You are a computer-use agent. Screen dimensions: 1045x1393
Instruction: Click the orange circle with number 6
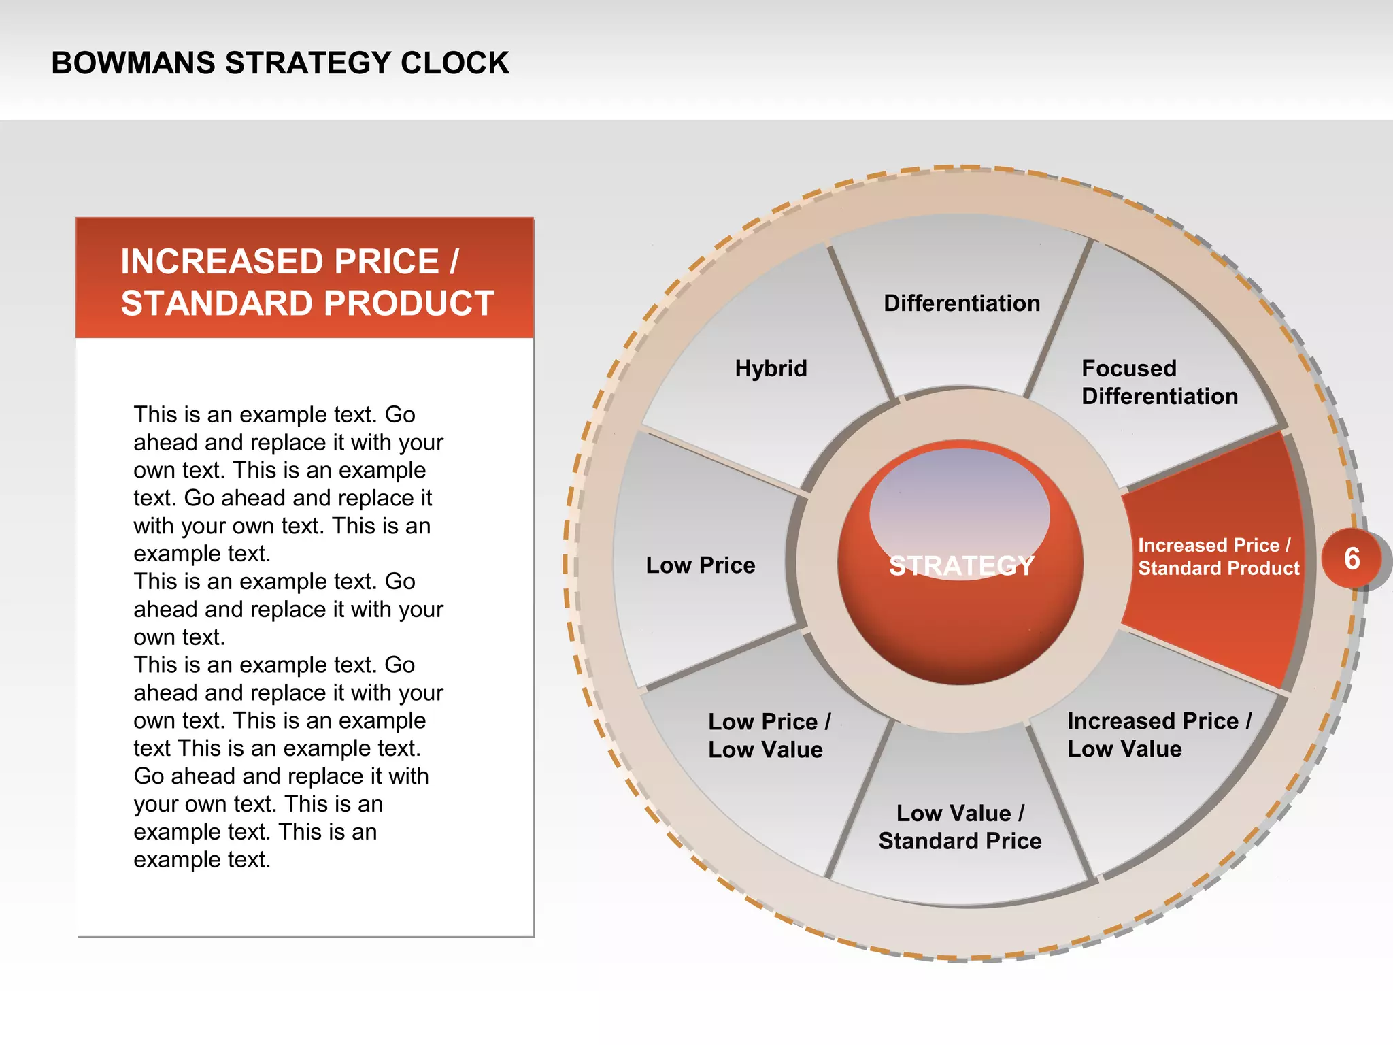point(1352,559)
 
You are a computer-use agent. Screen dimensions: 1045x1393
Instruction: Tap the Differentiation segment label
point(961,303)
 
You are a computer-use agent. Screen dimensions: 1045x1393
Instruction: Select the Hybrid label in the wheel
point(771,369)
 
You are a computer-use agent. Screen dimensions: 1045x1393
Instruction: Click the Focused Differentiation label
point(1159,382)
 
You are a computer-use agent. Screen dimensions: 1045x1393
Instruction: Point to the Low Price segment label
point(700,565)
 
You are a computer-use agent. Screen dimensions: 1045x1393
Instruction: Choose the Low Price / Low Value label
point(769,735)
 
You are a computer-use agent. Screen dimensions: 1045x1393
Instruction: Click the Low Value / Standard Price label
point(960,827)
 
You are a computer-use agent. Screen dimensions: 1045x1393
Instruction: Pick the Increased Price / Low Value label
point(1158,735)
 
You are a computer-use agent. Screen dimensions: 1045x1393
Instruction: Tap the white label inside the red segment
point(1218,557)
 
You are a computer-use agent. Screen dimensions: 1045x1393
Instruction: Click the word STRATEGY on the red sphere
point(961,566)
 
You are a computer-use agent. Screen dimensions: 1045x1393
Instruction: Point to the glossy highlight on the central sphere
point(959,503)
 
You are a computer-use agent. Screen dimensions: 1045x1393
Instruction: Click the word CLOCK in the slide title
point(454,63)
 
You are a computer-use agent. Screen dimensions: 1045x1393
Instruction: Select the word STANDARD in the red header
point(218,303)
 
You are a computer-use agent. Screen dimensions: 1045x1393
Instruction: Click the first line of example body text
point(274,414)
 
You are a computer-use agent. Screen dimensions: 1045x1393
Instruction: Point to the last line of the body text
point(202,860)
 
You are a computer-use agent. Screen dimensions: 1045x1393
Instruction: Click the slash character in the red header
point(454,262)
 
